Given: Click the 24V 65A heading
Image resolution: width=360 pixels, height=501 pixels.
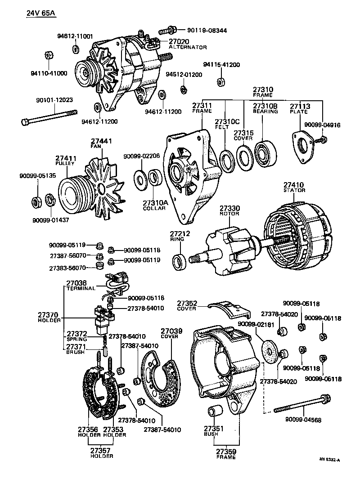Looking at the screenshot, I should (40, 13).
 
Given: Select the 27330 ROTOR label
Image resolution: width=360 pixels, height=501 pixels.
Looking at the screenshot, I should (229, 211).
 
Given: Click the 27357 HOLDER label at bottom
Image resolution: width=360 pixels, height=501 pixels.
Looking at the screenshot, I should (101, 452).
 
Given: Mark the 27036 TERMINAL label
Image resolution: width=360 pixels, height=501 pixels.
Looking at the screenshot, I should (80, 285).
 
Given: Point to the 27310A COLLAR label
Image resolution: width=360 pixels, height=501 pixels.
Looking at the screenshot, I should (155, 206).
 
